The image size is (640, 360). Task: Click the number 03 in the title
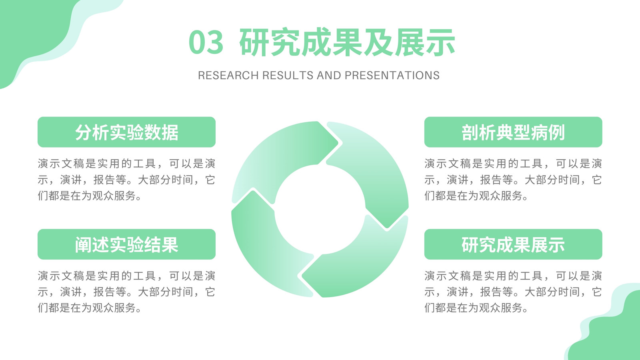[x=206, y=42]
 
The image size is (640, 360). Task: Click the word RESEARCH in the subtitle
[x=228, y=76]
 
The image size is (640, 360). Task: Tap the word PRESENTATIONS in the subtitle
[x=392, y=76]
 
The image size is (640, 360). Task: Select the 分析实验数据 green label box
[x=126, y=132]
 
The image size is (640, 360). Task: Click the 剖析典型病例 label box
[x=513, y=132]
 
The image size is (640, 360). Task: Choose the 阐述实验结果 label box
[x=126, y=244]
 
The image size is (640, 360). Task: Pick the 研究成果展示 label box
[x=513, y=244]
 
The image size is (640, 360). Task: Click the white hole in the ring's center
[x=320, y=210]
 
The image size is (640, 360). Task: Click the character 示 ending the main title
[x=440, y=42]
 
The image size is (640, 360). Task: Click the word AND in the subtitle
[x=329, y=76]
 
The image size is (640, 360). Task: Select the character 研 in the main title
[x=254, y=42]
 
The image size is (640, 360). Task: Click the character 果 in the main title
[x=348, y=42]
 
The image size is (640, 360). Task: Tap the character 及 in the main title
[x=378, y=42]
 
